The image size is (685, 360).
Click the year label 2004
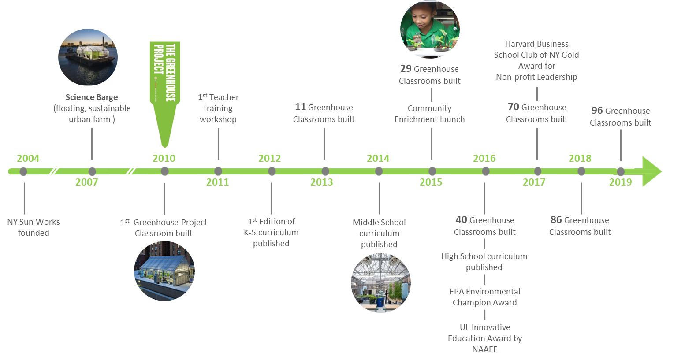(x=28, y=158)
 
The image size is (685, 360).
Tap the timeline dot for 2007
(x=92, y=171)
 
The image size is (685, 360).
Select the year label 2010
(x=164, y=158)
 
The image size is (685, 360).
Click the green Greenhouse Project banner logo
(x=165, y=94)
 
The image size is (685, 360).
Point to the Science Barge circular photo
(x=88, y=57)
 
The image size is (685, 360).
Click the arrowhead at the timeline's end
(x=651, y=171)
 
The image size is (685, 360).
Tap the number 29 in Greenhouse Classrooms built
(x=406, y=69)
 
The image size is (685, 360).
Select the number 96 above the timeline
(x=597, y=111)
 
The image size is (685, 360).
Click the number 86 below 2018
(x=556, y=220)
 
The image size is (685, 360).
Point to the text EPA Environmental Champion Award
(x=485, y=297)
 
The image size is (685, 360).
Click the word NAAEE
(x=485, y=349)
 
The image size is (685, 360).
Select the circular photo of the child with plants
(x=430, y=29)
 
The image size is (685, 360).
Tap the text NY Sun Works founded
(x=34, y=227)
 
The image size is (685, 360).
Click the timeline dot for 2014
(x=379, y=171)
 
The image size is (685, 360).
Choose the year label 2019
(x=620, y=182)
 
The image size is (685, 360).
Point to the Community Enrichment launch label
(x=430, y=114)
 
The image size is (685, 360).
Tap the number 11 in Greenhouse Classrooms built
(x=300, y=107)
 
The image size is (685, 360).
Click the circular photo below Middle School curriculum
(x=380, y=282)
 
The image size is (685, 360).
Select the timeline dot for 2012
(x=272, y=171)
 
